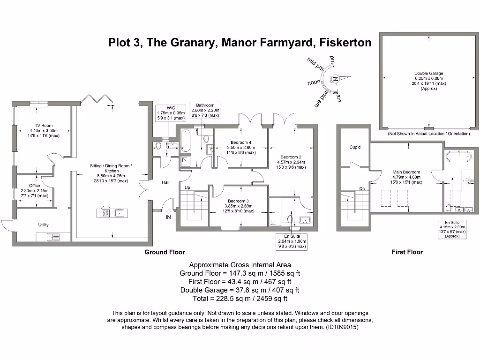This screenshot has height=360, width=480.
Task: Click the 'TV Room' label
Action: click(x=43, y=126)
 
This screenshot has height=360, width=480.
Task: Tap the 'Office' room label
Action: click(x=34, y=186)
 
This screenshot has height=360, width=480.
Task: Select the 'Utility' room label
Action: click(x=43, y=225)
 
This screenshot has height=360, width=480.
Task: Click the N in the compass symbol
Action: click(x=336, y=79)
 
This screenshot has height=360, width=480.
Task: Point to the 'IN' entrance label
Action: click(x=168, y=217)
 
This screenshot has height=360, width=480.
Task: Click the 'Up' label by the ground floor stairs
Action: click(x=187, y=187)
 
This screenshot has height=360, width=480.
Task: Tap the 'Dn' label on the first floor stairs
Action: click(x=362, y=188)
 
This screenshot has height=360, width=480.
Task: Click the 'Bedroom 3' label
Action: click(x=239, y=201)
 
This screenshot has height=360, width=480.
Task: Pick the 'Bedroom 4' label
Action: click(x=241, y=142)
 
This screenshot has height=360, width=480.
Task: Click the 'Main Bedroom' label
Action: click(x=406, y=172)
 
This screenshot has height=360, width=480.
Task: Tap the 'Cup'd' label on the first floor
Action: click(x=355, y=147)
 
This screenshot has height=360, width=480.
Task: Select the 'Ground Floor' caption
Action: click(x=165, y=252)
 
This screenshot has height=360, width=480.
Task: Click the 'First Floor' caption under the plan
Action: click(x=407, y=252)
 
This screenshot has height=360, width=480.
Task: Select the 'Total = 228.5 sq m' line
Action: click(x=240, y=298)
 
